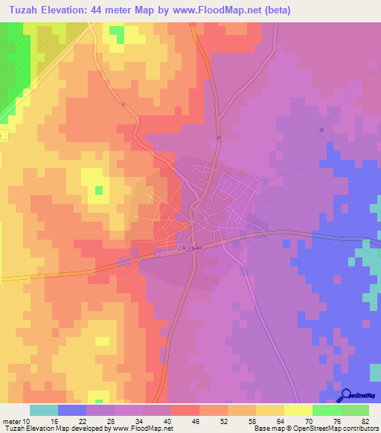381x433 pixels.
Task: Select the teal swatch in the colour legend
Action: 44,410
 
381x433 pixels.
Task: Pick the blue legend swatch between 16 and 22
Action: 72,410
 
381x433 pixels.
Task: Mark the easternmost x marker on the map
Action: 321,129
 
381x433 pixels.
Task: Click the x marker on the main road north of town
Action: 219,138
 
